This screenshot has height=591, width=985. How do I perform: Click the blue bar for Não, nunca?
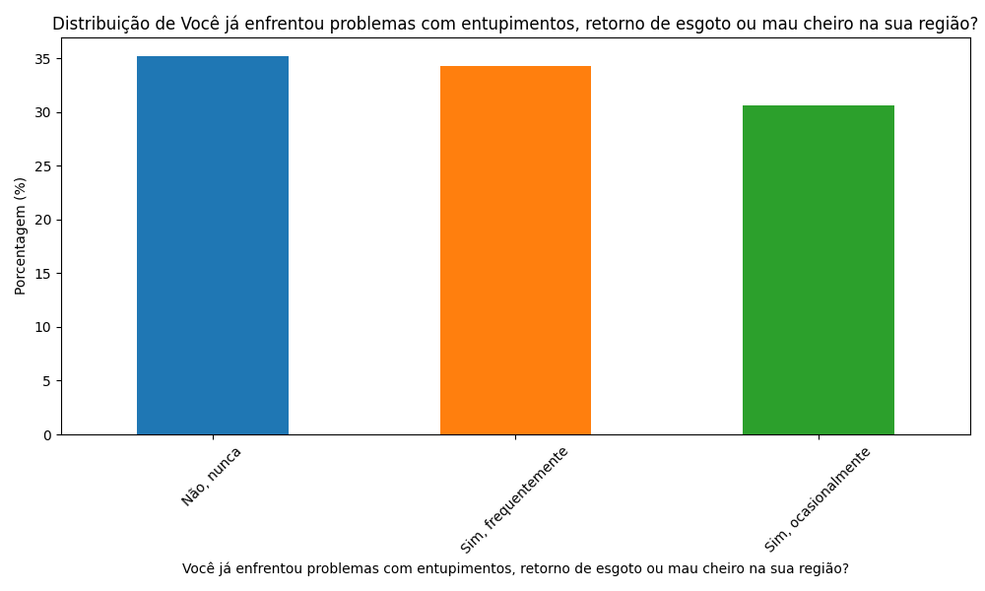[x=213, y=245]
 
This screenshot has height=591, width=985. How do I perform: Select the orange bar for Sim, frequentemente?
[x=515, y=250]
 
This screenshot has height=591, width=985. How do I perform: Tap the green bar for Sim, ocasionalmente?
[x=818, y=270]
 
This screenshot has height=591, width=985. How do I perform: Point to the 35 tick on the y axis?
[x=44, y=59]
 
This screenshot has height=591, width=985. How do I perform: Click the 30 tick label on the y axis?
[x=44, y=112]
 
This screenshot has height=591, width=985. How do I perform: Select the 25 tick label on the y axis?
[x=44, y=166]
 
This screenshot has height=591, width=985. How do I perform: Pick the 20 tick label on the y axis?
[x=44, y=220]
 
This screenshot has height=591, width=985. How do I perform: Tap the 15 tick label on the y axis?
[x=44, y=274]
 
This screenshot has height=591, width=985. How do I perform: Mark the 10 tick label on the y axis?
[x=44, y=327]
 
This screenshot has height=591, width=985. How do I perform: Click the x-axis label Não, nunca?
[x=211, y=477]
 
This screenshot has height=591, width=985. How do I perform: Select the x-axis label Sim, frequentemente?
[x=514, y=500]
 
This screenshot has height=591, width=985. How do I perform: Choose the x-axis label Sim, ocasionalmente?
[x=818, y=500]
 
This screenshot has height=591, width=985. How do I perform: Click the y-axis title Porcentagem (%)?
[x=21, y=236]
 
